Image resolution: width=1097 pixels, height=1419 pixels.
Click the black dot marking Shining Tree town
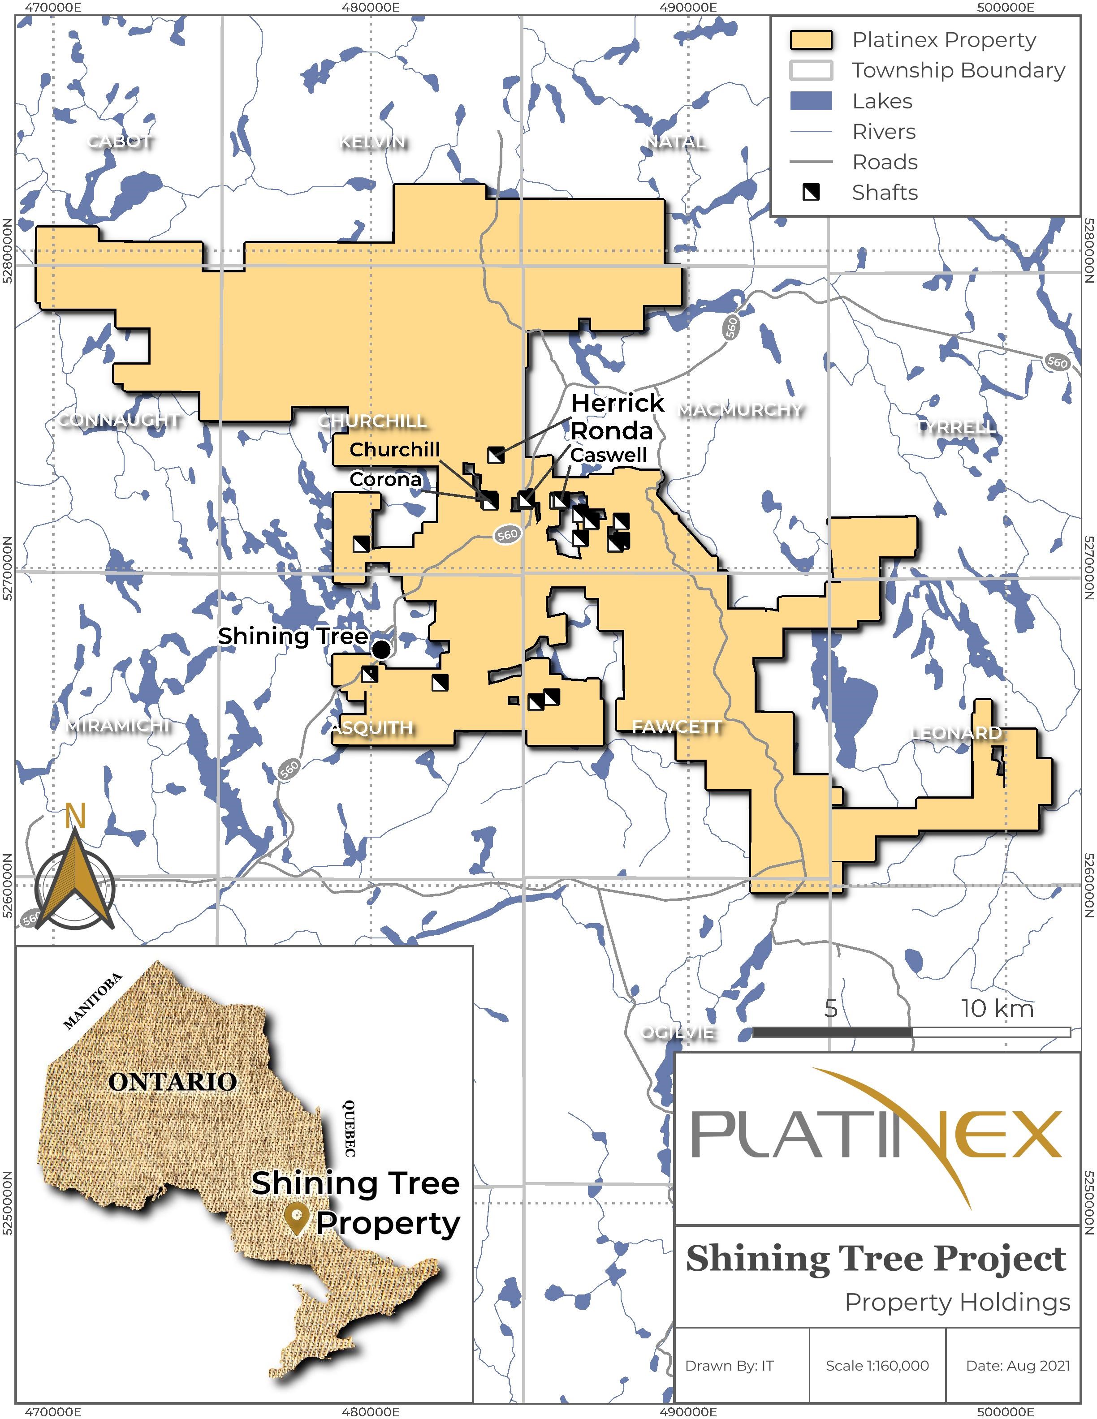pyautogui.click(x=381, y=649)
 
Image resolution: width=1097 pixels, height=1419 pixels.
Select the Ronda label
pyautogui.click(x=612, y=431)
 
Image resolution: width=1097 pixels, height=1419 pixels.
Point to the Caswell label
pyautogui.click(x=608, y=455)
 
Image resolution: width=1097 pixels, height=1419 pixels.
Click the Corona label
pyautogui.click(x=385, y=480)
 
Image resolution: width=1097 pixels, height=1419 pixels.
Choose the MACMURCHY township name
pyautogui.click(x=740, y=410)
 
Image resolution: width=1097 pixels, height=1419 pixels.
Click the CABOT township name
pyautogui.click(x=121, y=141)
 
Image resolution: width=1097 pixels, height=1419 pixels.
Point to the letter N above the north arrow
pyautogui.click(x=75, y=816)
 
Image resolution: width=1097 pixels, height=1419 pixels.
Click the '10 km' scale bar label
pyautogui.click(x=997, y=1008)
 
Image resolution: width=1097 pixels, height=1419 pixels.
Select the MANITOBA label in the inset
pyautogui.click(x=92, y=1001)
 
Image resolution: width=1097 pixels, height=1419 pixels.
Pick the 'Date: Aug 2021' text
pyautogui.click(x=1017, y=1365)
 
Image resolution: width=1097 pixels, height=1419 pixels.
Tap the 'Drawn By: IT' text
pyautogui.click(x=729, y=1365)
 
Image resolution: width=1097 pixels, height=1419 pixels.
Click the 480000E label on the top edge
pyautogui.click(x=371, y=7)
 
